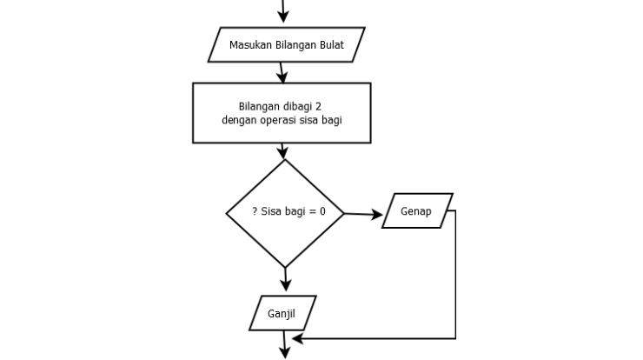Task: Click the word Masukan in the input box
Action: coord(249,44)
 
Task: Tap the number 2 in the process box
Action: coord(321,106)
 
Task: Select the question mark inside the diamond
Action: coord(254,212)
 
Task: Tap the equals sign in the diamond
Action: coord(310,212)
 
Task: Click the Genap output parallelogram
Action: coord(417,211)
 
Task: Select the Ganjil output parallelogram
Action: coord(283,312)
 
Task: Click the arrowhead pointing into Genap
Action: coord(377,214)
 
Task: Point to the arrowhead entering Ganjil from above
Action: coord(285,285)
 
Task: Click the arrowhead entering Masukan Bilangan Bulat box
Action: coord(282,17)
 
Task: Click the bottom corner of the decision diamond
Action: coord(284,267)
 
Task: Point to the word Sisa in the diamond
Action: coord(273,212)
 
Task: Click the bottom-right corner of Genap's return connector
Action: coord(455,337)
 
